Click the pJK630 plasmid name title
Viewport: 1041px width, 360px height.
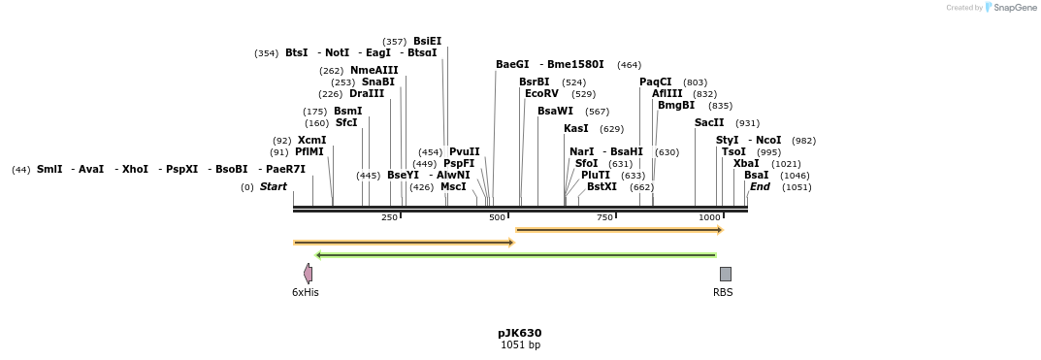coord(519,333)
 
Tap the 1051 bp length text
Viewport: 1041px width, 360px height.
coord(519,345)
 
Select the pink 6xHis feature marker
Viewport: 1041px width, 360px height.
coord(308,274)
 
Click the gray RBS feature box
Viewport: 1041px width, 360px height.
coord(725,274)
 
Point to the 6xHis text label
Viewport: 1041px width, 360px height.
coord(305,292)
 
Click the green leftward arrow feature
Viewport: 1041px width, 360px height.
coord(515,255)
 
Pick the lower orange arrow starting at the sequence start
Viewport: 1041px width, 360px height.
coord(403,243)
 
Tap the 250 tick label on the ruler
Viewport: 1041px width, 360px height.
coord(389,217)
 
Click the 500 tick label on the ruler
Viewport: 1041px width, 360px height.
coord(497,217)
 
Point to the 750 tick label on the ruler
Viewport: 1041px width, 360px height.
coord(604,217)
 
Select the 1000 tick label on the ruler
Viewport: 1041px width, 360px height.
coord(709,217)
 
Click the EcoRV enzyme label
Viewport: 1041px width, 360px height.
coord(541,94)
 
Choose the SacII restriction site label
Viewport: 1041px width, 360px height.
coord(709,123)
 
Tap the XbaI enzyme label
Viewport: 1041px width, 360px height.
coord(746,164)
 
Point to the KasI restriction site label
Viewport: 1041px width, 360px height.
coord(576,129)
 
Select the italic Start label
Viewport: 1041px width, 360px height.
coord(273,187)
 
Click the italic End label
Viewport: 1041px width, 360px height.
coord(760,187)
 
